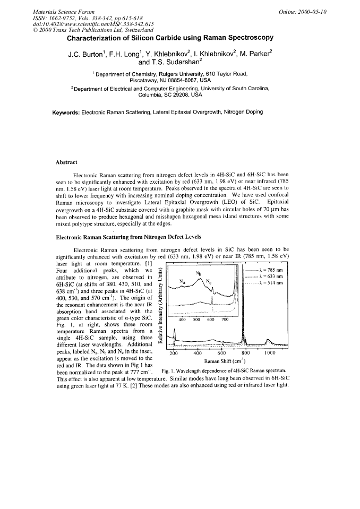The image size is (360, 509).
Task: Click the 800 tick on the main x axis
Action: coord(245,352)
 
